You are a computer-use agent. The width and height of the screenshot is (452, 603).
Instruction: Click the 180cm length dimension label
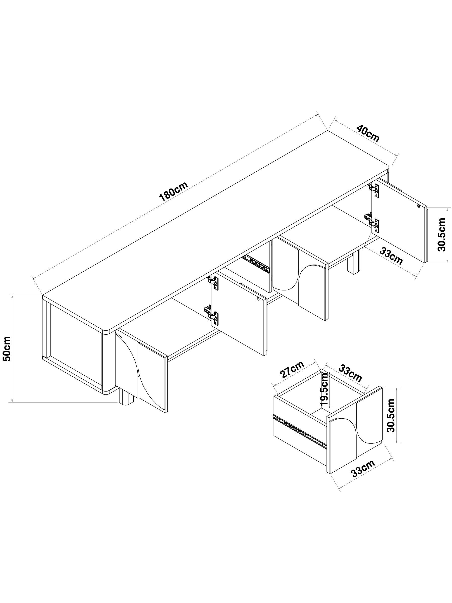[173, 192]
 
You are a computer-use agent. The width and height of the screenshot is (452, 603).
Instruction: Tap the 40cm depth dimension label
[368, 134]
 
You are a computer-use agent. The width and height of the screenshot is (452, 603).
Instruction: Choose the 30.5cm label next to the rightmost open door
[442, 235]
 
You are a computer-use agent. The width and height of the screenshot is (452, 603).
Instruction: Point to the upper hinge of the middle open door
[214, 282]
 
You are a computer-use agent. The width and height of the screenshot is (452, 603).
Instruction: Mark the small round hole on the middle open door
[258, 299]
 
